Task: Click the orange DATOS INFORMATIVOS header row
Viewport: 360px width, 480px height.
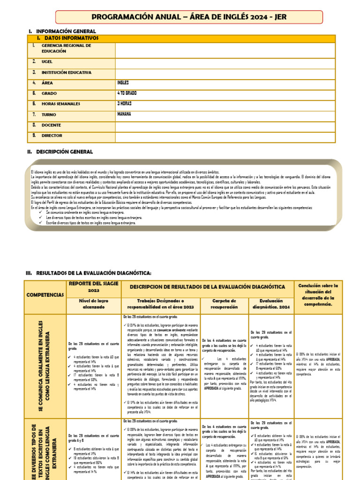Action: click(71, 38)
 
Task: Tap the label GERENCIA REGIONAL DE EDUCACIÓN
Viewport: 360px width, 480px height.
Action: click(66, 48)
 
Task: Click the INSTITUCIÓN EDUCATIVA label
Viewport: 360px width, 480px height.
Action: click(66, 73)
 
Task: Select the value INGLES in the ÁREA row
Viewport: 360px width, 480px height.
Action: click(123, 82)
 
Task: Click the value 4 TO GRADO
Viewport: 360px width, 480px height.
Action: click(127, 93)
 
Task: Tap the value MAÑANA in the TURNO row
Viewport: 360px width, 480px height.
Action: click(124, 114)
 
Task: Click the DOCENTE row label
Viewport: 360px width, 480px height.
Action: click(52, 125)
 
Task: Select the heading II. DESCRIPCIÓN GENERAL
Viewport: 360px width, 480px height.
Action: click(64, 152)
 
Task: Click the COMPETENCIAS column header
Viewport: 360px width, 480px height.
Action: click(45, 295)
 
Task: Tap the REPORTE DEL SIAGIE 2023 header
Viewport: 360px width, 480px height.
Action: click(94, 286)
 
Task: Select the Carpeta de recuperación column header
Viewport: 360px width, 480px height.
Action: click(225, 304)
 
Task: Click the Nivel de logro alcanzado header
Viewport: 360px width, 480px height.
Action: click(94, 304)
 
